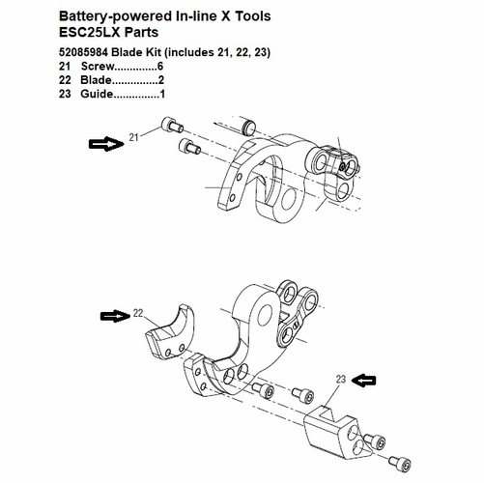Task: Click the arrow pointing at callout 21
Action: point(105,145)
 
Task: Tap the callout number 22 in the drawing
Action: point(138,313)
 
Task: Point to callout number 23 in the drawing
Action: point(340,379)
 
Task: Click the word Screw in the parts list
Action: point(98,65)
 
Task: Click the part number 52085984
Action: point(90,50)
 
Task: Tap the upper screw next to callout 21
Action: point(175,126)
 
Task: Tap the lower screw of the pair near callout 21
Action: point(188,147)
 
